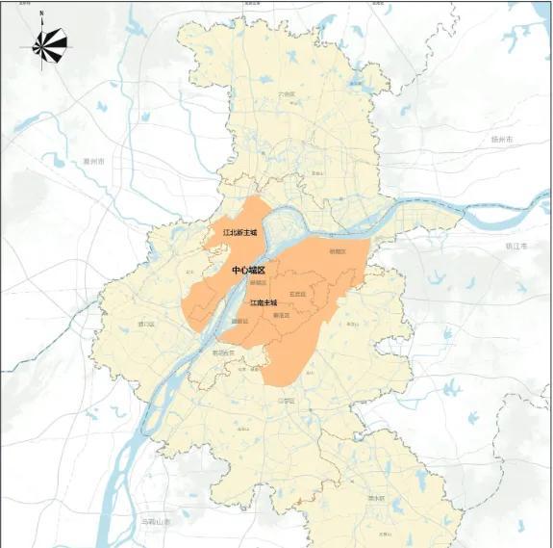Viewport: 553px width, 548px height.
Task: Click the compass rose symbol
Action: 49,42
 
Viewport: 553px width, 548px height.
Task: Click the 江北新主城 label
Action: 239,232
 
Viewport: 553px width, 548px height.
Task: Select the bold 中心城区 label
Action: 248,271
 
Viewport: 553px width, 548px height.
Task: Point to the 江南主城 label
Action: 264,302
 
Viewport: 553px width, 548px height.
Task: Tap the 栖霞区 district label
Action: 337,251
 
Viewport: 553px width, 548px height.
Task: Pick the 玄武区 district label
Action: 297,294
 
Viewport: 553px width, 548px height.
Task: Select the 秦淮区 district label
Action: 282,315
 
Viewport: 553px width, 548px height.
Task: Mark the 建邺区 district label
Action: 240,321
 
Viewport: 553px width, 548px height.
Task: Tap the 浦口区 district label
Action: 146,325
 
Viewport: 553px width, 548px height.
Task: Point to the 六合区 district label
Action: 286,94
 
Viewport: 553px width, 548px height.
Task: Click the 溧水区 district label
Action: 375,498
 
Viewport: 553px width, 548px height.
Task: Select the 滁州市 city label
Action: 93,161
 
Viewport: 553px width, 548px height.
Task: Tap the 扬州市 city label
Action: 502,140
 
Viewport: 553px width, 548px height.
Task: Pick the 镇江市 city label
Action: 517,246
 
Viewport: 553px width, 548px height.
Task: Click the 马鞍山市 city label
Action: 154,521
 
